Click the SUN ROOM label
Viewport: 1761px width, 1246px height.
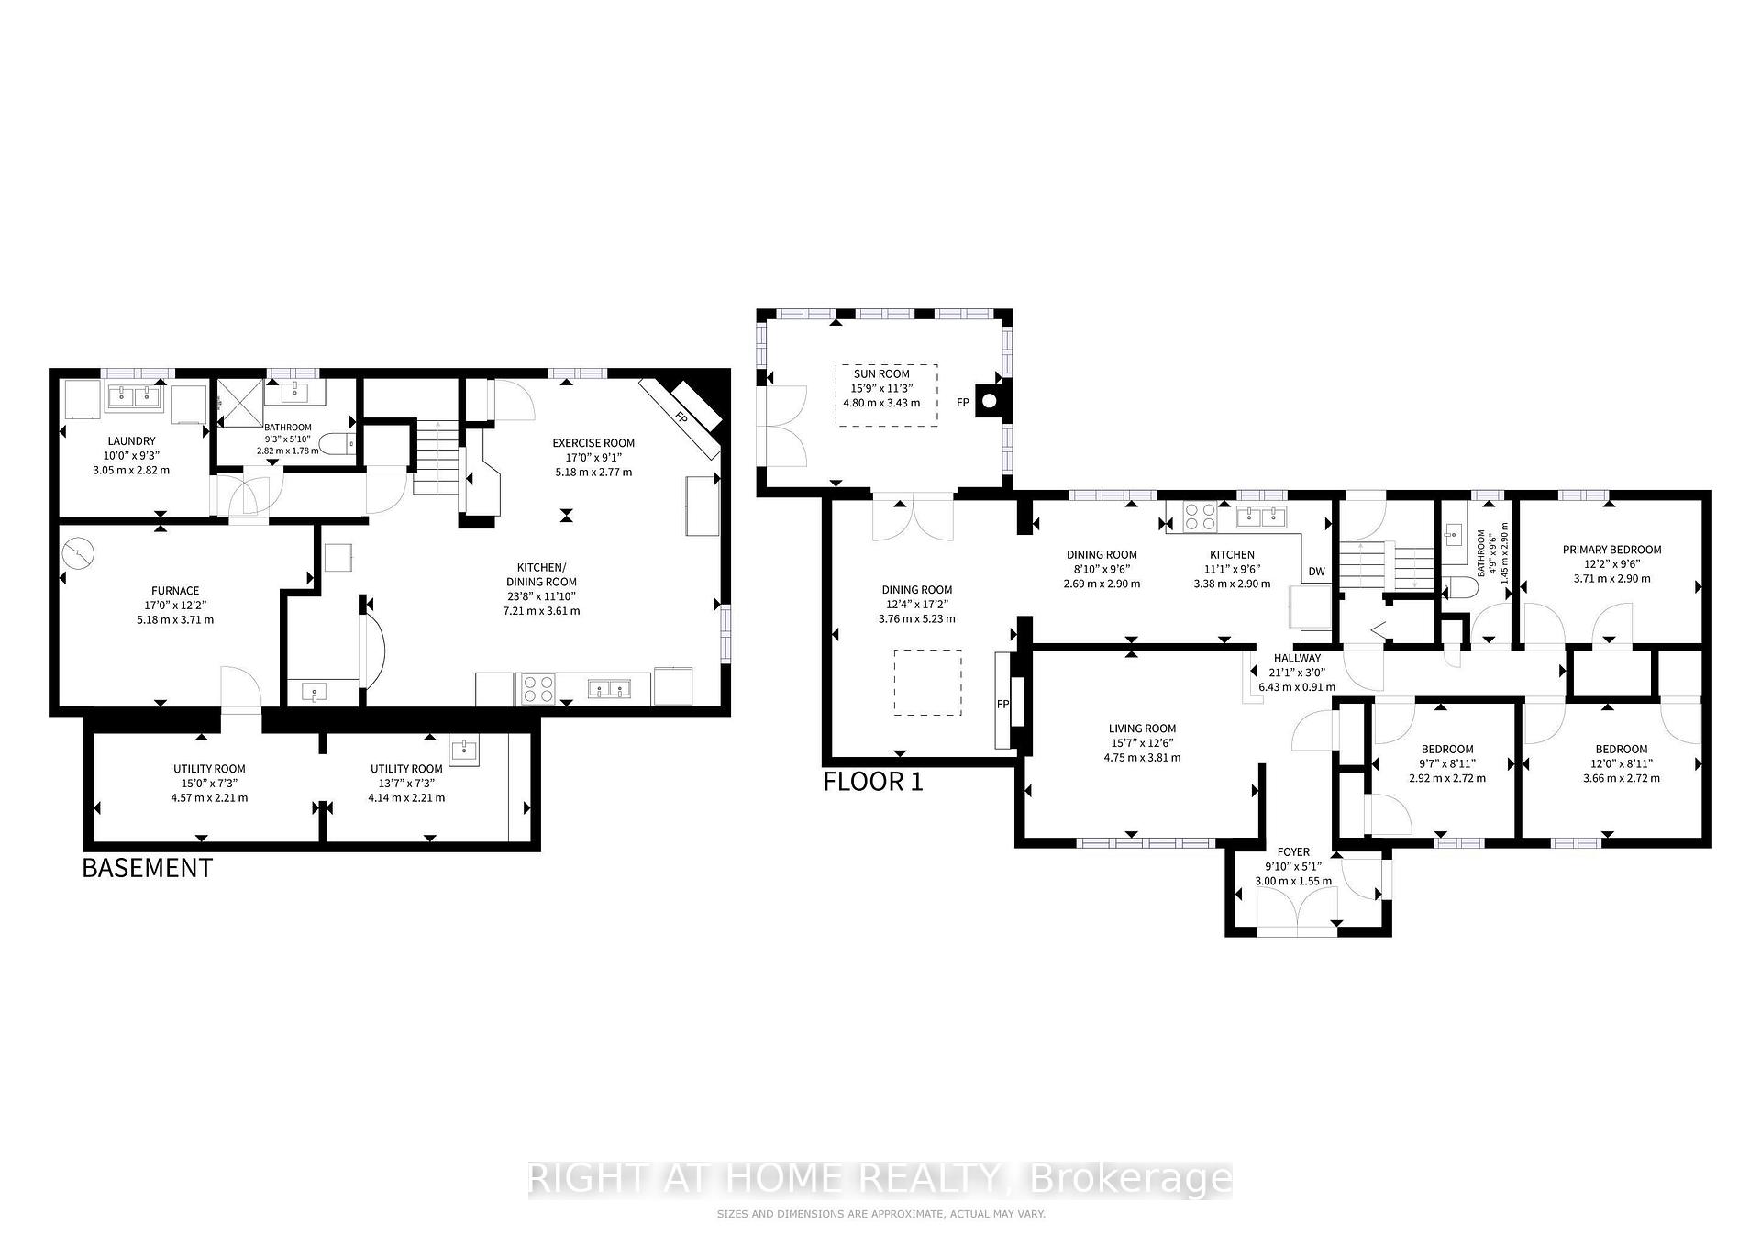coord(881,374)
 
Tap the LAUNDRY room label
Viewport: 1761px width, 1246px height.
coord(131,441)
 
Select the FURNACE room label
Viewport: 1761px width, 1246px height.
coord(175,591)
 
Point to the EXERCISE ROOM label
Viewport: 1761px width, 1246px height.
coord(593,443)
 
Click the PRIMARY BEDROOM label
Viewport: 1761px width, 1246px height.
coord(1611,551)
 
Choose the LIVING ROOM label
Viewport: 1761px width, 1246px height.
coord(1142,729)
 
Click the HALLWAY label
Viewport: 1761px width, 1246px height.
coord(1297,658)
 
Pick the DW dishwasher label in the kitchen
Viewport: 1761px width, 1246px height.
coord(1316,572)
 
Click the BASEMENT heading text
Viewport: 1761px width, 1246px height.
coord(147,868)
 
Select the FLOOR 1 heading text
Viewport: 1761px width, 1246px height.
coord(873,782)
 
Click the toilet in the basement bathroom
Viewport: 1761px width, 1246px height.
coord(338,445)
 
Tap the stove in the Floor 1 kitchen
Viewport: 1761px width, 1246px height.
coord(1200,517)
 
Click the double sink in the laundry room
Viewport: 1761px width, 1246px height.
coord(135,397)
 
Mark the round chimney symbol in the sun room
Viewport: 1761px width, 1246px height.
coord(989,401)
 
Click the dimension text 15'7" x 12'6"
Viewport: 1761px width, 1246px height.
coord(1142,743)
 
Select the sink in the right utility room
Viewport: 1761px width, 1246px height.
coord(464,751)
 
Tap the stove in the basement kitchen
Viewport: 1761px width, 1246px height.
coord(537,689)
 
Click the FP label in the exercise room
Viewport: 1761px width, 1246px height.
coord(681,417)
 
